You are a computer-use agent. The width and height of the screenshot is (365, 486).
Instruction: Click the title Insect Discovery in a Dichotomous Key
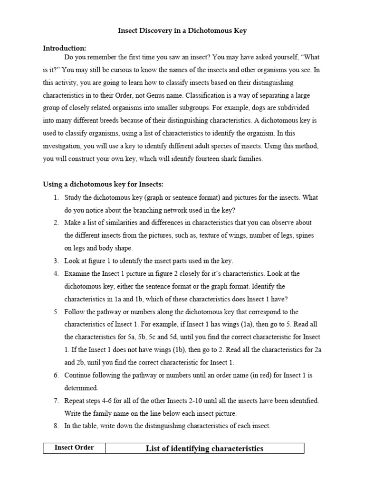182,31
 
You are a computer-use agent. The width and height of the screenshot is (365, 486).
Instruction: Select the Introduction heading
64,48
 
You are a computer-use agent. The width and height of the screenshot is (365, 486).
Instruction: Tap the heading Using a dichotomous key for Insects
103,184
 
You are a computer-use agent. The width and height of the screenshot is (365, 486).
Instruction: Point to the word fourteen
199,159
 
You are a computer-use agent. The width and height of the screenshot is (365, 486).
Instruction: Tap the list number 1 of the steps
56,196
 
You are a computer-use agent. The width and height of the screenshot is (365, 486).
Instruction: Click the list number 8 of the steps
56,426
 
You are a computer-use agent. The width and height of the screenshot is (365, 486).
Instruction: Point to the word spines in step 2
305,235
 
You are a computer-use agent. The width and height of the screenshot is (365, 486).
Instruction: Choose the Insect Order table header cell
74,448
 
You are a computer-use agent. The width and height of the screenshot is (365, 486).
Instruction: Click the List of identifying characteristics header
204,449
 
